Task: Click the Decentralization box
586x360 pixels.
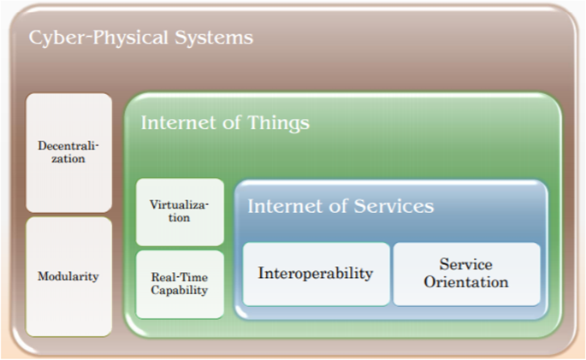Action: [x=68, y=152]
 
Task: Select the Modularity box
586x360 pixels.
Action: [x=68, y=277]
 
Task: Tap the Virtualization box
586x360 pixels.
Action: [x=180, y=212]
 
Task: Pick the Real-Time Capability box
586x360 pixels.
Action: [x=180, y=284]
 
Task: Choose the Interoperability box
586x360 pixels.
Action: [x=316, y=274]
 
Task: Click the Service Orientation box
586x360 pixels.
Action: [x=467, y=274]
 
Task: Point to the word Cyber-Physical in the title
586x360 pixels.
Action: [x=98, y=38]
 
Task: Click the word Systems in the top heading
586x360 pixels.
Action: [x=214, y=38]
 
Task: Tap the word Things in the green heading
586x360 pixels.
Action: [x=278, y=123]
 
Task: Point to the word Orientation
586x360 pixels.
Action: [x=466, y=282]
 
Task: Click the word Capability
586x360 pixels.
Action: [x=180, y=291]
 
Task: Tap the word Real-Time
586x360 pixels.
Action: [x=180, y=277]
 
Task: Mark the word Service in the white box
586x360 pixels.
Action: [x=465, y=264]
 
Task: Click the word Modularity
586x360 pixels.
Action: [x=68, y=277]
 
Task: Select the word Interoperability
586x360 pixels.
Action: [x=316, y=274]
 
